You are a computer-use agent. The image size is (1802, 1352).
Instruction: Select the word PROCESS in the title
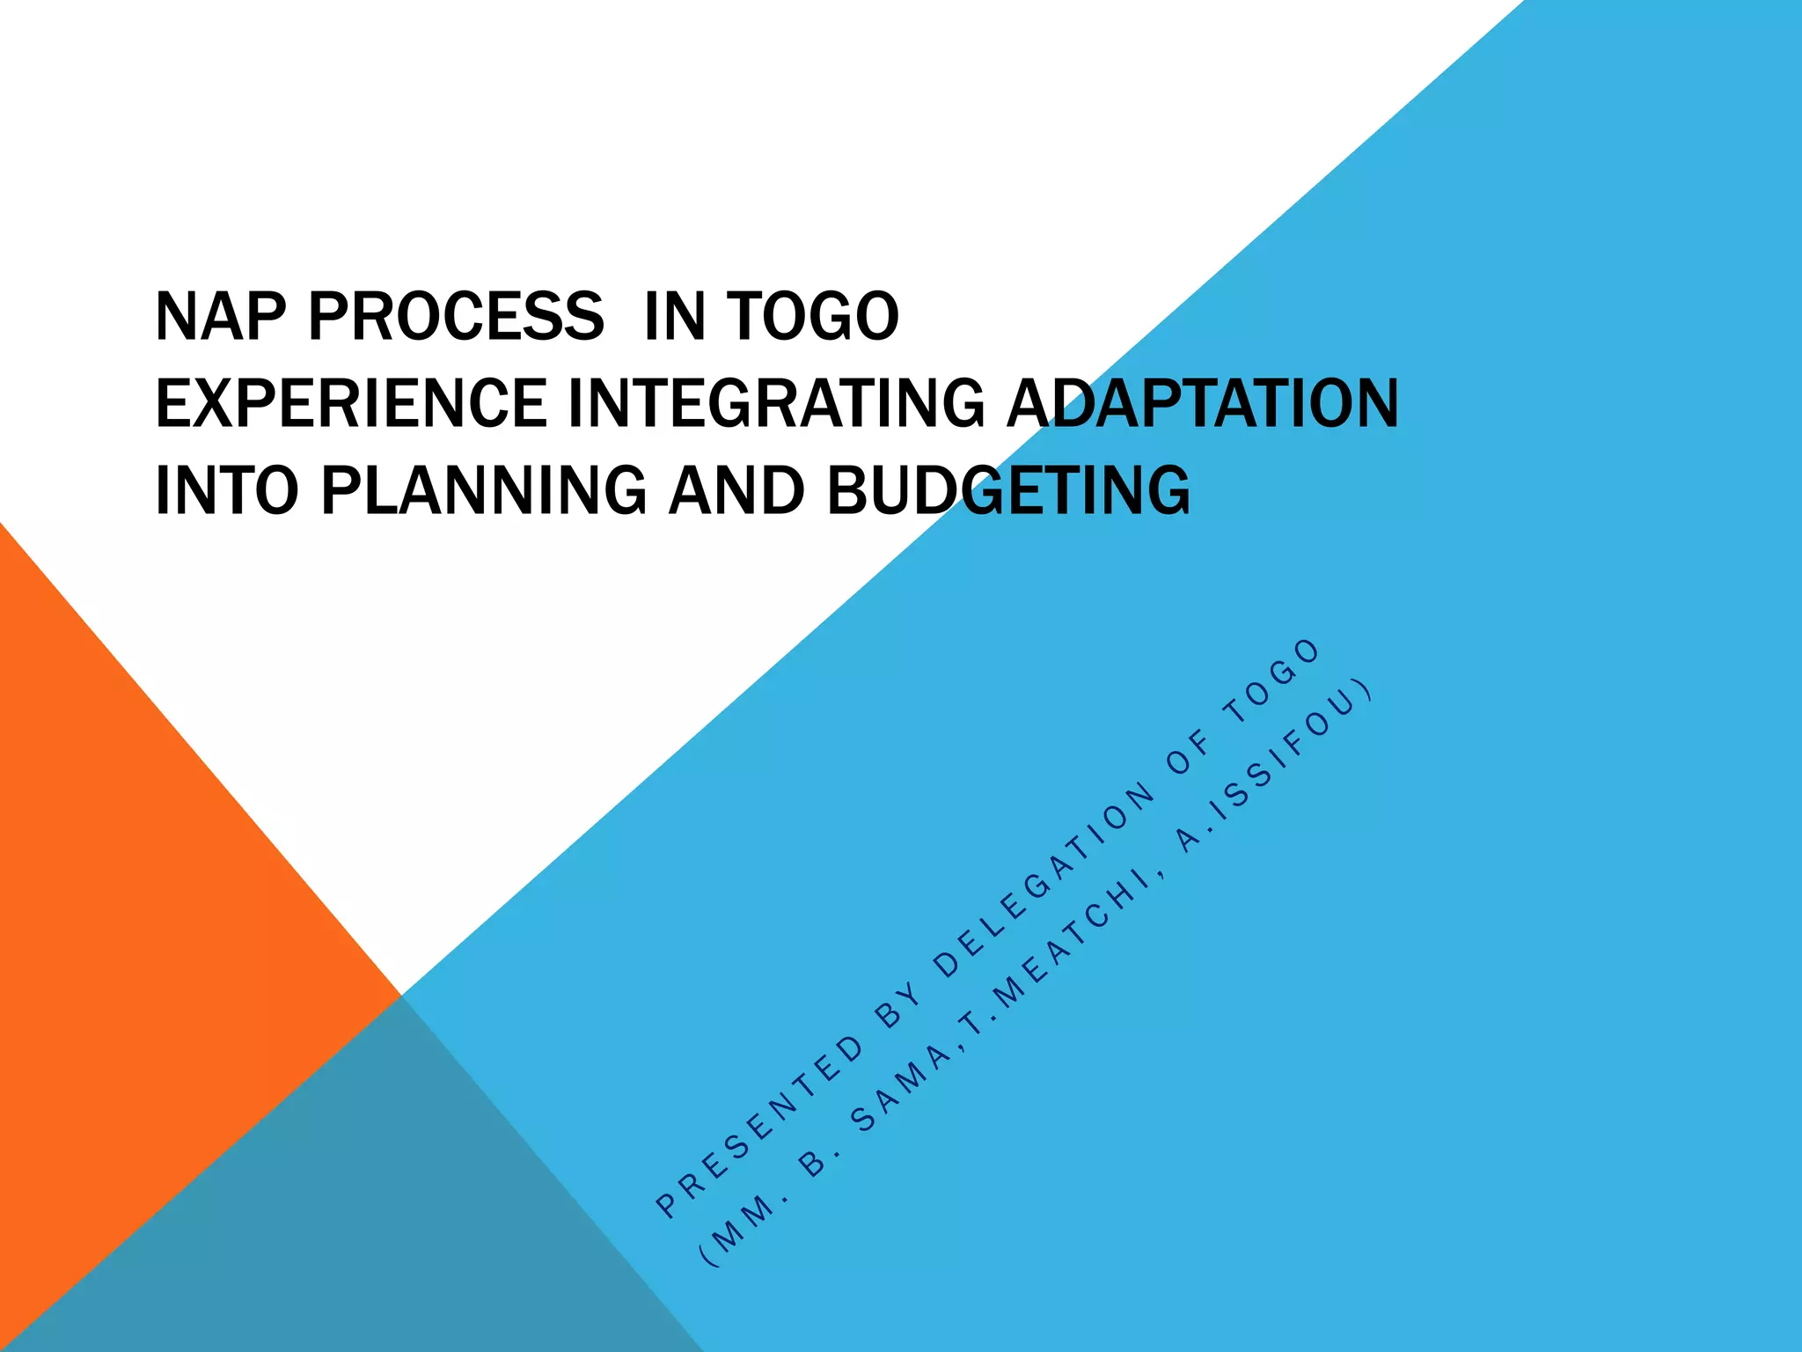pyautogui.click(x=456, y=317)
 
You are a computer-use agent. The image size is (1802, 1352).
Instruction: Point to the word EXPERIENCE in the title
pyautogui.click(x=350, y=403)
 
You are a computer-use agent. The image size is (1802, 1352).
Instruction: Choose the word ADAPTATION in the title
pyautogui.click(x=1202, y=403)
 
